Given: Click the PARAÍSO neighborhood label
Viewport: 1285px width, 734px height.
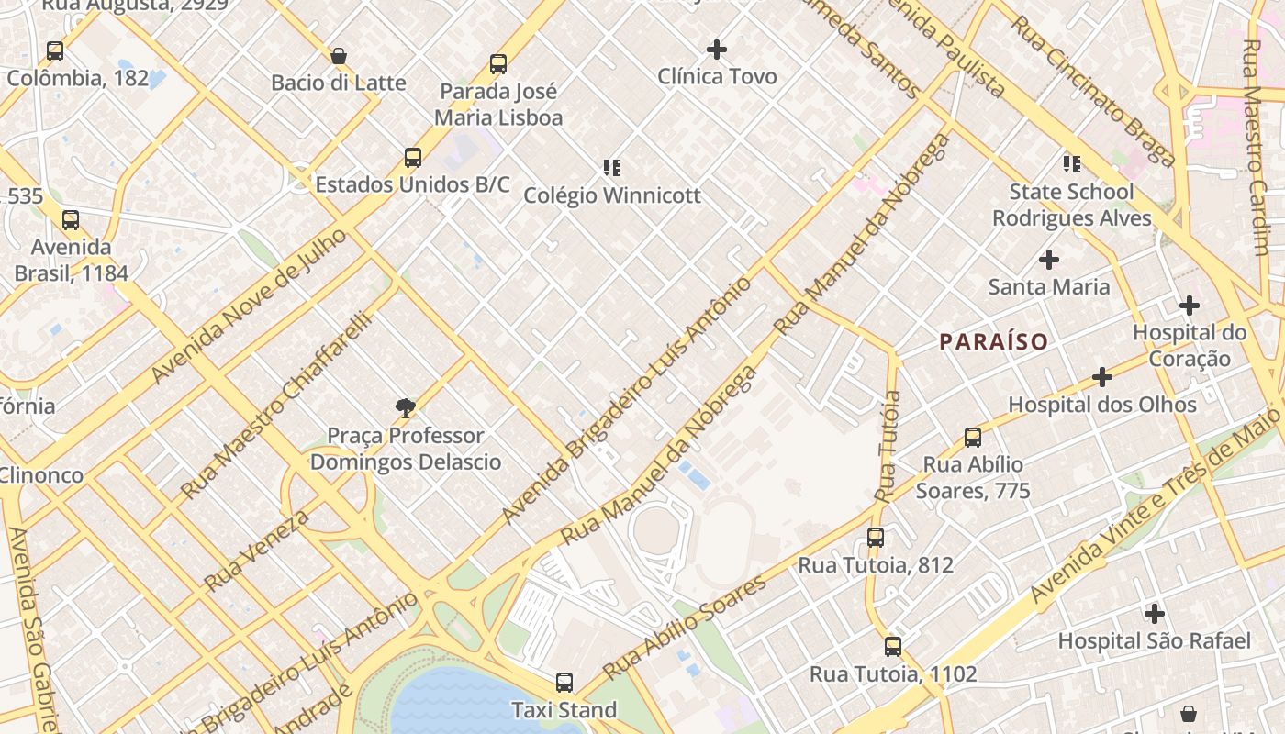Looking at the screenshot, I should click(x=993, y=342).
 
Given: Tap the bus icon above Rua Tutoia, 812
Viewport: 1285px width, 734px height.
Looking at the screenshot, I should click(x=876, y=538).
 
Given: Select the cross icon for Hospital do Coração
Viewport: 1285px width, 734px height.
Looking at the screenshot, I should click(x=1190, y=306).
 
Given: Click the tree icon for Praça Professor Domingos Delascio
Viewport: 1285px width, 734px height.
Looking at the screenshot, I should click(x=405, y=408).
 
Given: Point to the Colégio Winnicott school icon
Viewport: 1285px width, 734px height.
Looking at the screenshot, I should click(x=612, y=167).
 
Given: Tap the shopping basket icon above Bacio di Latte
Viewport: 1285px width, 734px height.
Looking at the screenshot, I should click(x=339, y=56).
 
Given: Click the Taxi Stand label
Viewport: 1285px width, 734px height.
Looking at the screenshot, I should click(x=564, y=710).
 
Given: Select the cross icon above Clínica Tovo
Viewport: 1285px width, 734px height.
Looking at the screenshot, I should click(x=717, y=50).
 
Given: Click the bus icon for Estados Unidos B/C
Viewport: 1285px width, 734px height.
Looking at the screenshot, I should click(x=413, y=158).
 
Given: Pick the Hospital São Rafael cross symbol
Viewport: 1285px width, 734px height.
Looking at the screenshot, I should click(x=1155, y=614).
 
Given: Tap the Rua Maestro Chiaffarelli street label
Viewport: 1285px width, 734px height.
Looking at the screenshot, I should click(x=276, y=405).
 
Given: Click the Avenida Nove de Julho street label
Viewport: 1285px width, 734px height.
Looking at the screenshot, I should click(x=250, y=306).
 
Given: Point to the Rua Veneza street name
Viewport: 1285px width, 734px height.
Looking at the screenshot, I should click(x=257, y=550).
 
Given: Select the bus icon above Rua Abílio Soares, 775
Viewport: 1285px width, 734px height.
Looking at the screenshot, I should click(x=973, y=438).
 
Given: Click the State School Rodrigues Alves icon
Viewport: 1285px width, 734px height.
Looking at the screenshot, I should click(x=1071, y=164).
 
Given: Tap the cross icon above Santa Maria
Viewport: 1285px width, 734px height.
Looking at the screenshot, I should click(x=1049, y=260).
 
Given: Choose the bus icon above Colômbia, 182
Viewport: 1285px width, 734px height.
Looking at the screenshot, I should click(x=55, y=51).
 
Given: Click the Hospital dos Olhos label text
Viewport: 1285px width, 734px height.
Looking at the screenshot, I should click(x=1102, y=405).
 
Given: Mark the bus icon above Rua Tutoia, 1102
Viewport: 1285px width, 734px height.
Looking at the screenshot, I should click(x=893, y=647).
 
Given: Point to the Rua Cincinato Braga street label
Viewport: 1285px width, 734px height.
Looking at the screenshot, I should click(x=1093, y=90).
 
